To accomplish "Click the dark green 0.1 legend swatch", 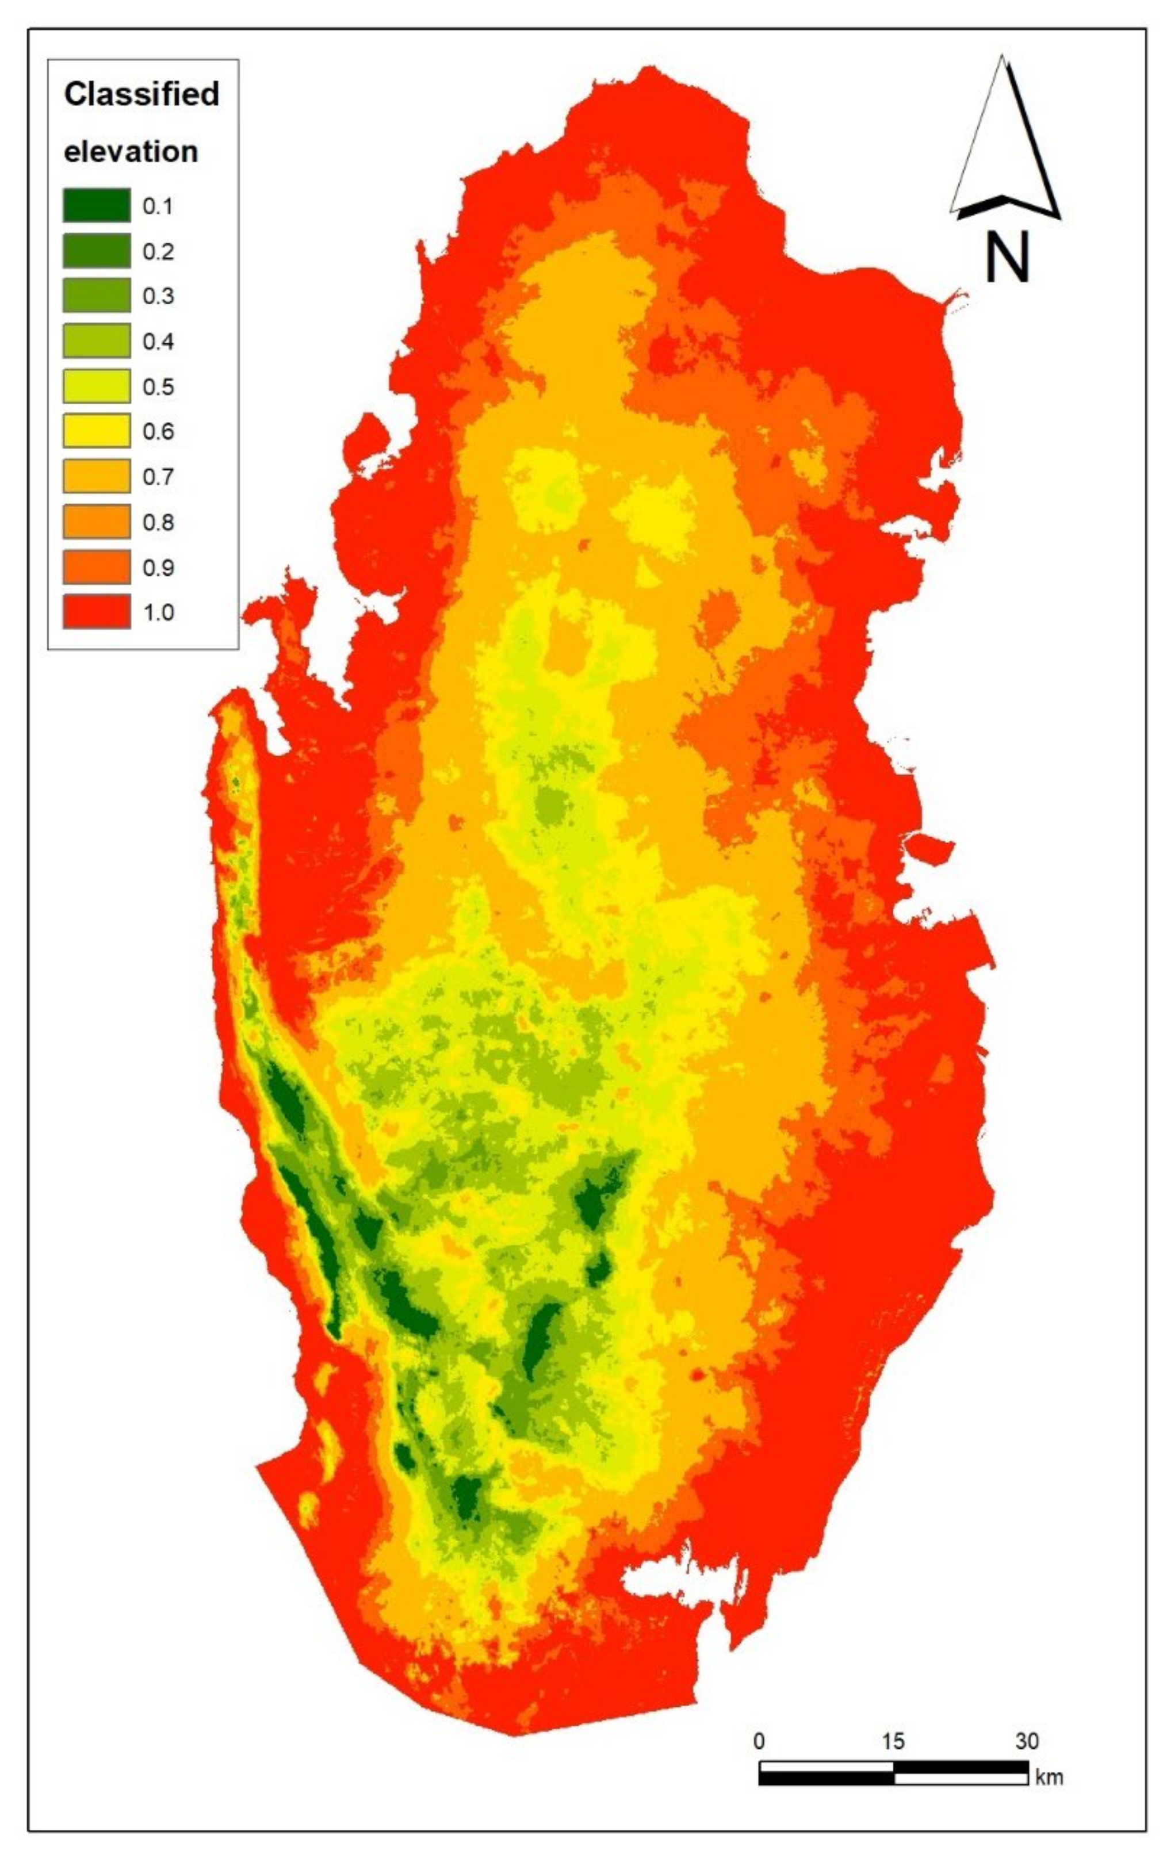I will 96,205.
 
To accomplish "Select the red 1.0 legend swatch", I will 96,612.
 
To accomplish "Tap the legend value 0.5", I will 158,387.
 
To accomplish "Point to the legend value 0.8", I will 158,523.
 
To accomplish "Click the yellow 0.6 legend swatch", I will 96,431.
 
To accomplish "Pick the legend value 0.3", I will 158,296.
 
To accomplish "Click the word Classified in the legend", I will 141,94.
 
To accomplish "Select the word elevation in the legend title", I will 131,151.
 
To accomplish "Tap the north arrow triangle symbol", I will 1004,146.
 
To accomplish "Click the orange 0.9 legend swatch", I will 96,567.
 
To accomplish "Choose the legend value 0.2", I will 158,251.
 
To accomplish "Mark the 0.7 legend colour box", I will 96,477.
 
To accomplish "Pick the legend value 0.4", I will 158,342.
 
